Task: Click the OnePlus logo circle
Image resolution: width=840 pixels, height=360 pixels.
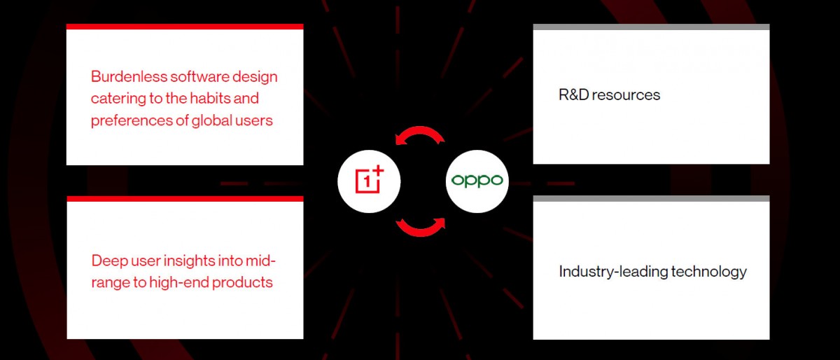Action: pos(369,180)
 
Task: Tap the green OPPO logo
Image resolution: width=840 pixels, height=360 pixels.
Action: pos(477,180)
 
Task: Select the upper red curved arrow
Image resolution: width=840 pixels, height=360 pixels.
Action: pos(420,134)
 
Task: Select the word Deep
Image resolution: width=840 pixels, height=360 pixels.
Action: pos(110,261)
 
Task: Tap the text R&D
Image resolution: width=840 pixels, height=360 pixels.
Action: pos(573,95)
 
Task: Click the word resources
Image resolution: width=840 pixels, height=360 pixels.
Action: pos(626,95)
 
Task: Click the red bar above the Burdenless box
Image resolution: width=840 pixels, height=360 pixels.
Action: pos(185,27)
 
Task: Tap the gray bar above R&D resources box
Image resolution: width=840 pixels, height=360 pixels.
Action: pos(651,27)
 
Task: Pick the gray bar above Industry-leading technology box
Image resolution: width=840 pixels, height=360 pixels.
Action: pos(651,198)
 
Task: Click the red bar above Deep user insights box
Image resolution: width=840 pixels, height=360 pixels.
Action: pos(185,198)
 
